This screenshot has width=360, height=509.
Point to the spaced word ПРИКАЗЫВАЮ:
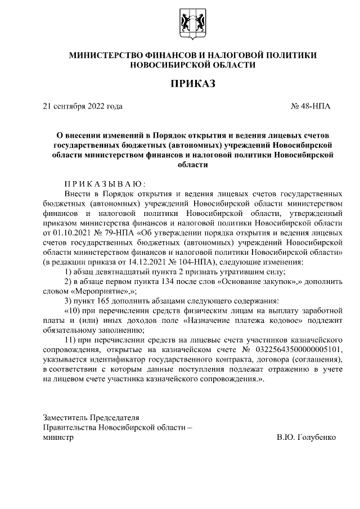pos(105,183)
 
